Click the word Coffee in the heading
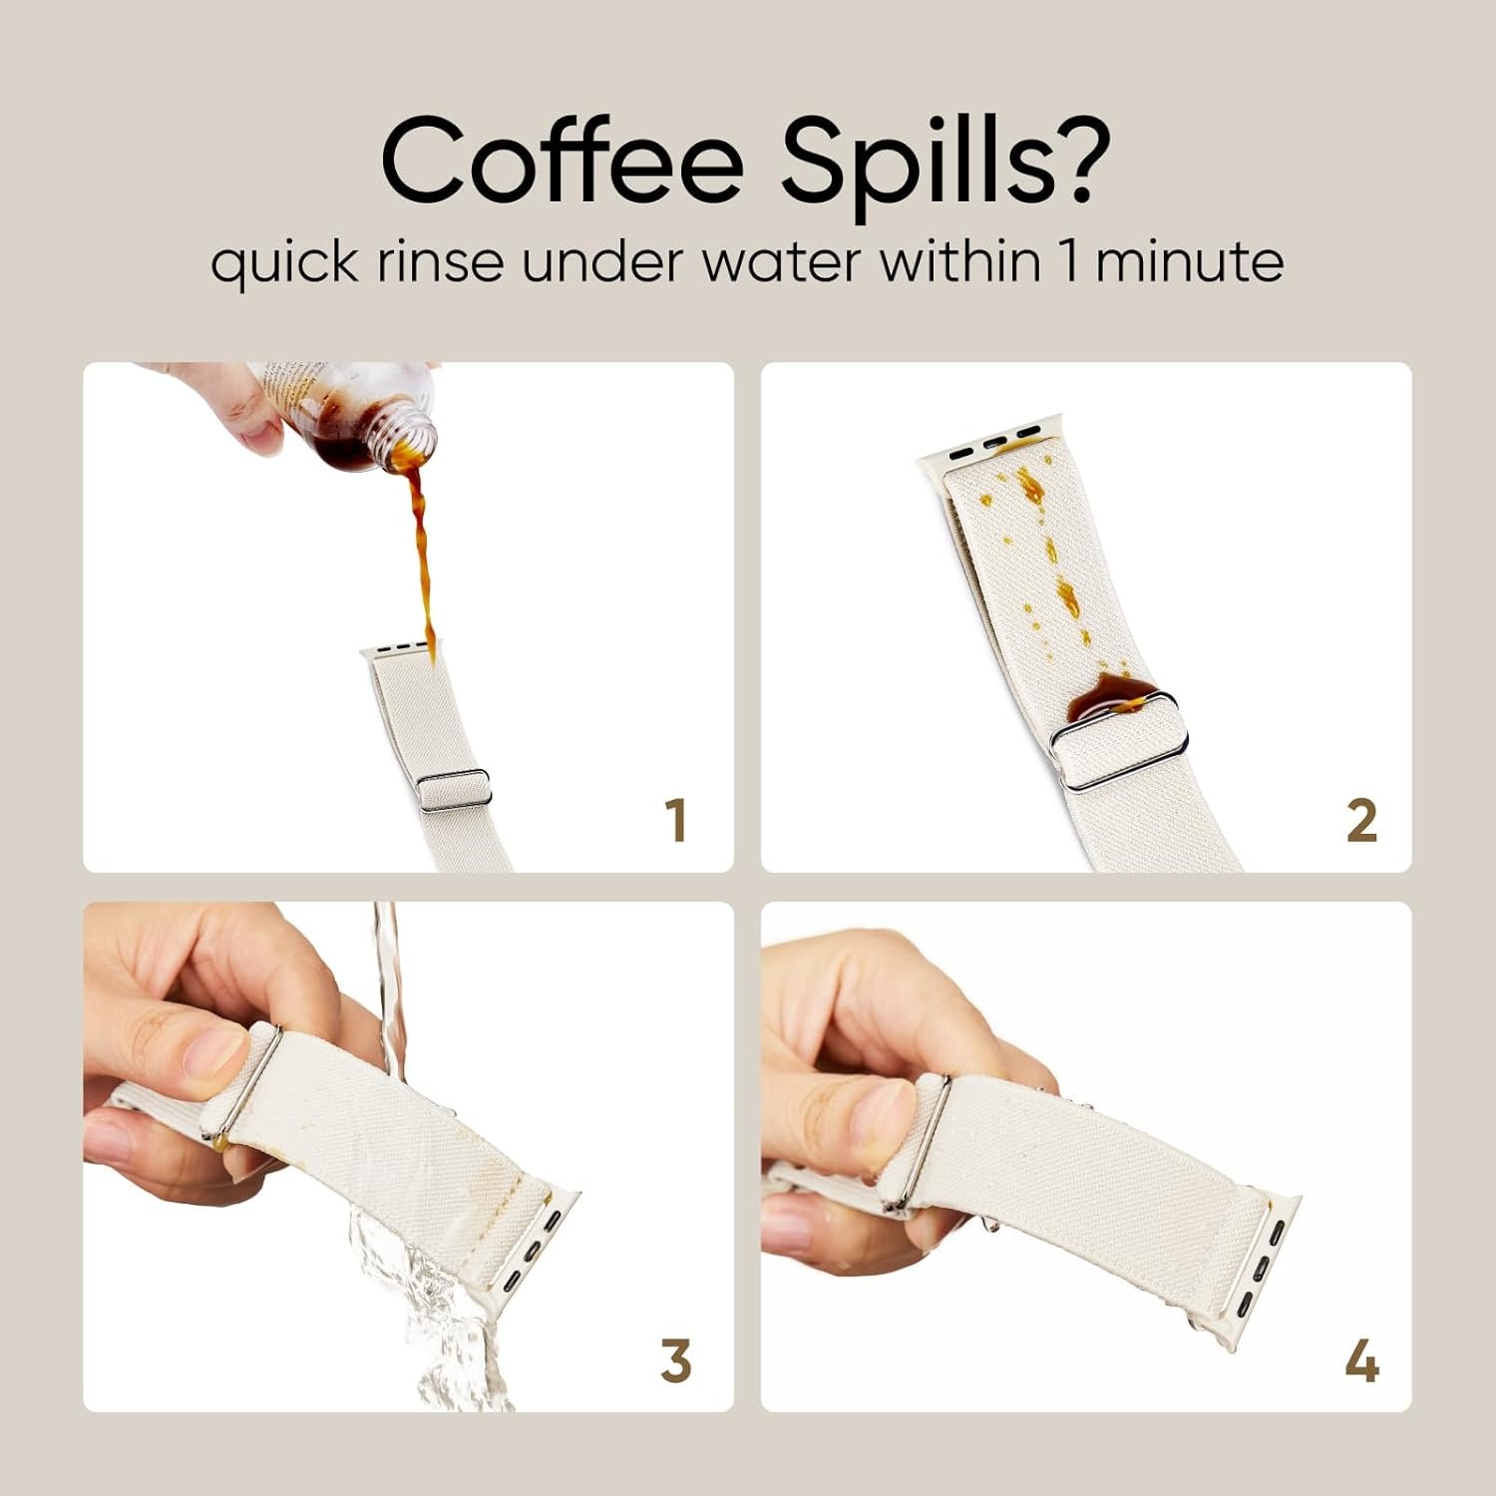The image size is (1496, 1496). (562, 161)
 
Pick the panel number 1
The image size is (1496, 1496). (676, 820)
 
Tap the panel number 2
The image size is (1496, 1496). (1361, 820)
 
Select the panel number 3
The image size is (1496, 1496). (675, 1360)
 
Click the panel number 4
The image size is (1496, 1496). (1361, 1360)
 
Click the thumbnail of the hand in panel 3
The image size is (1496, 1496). (213, 1052)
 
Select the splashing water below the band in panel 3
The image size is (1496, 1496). (419, 1307)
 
